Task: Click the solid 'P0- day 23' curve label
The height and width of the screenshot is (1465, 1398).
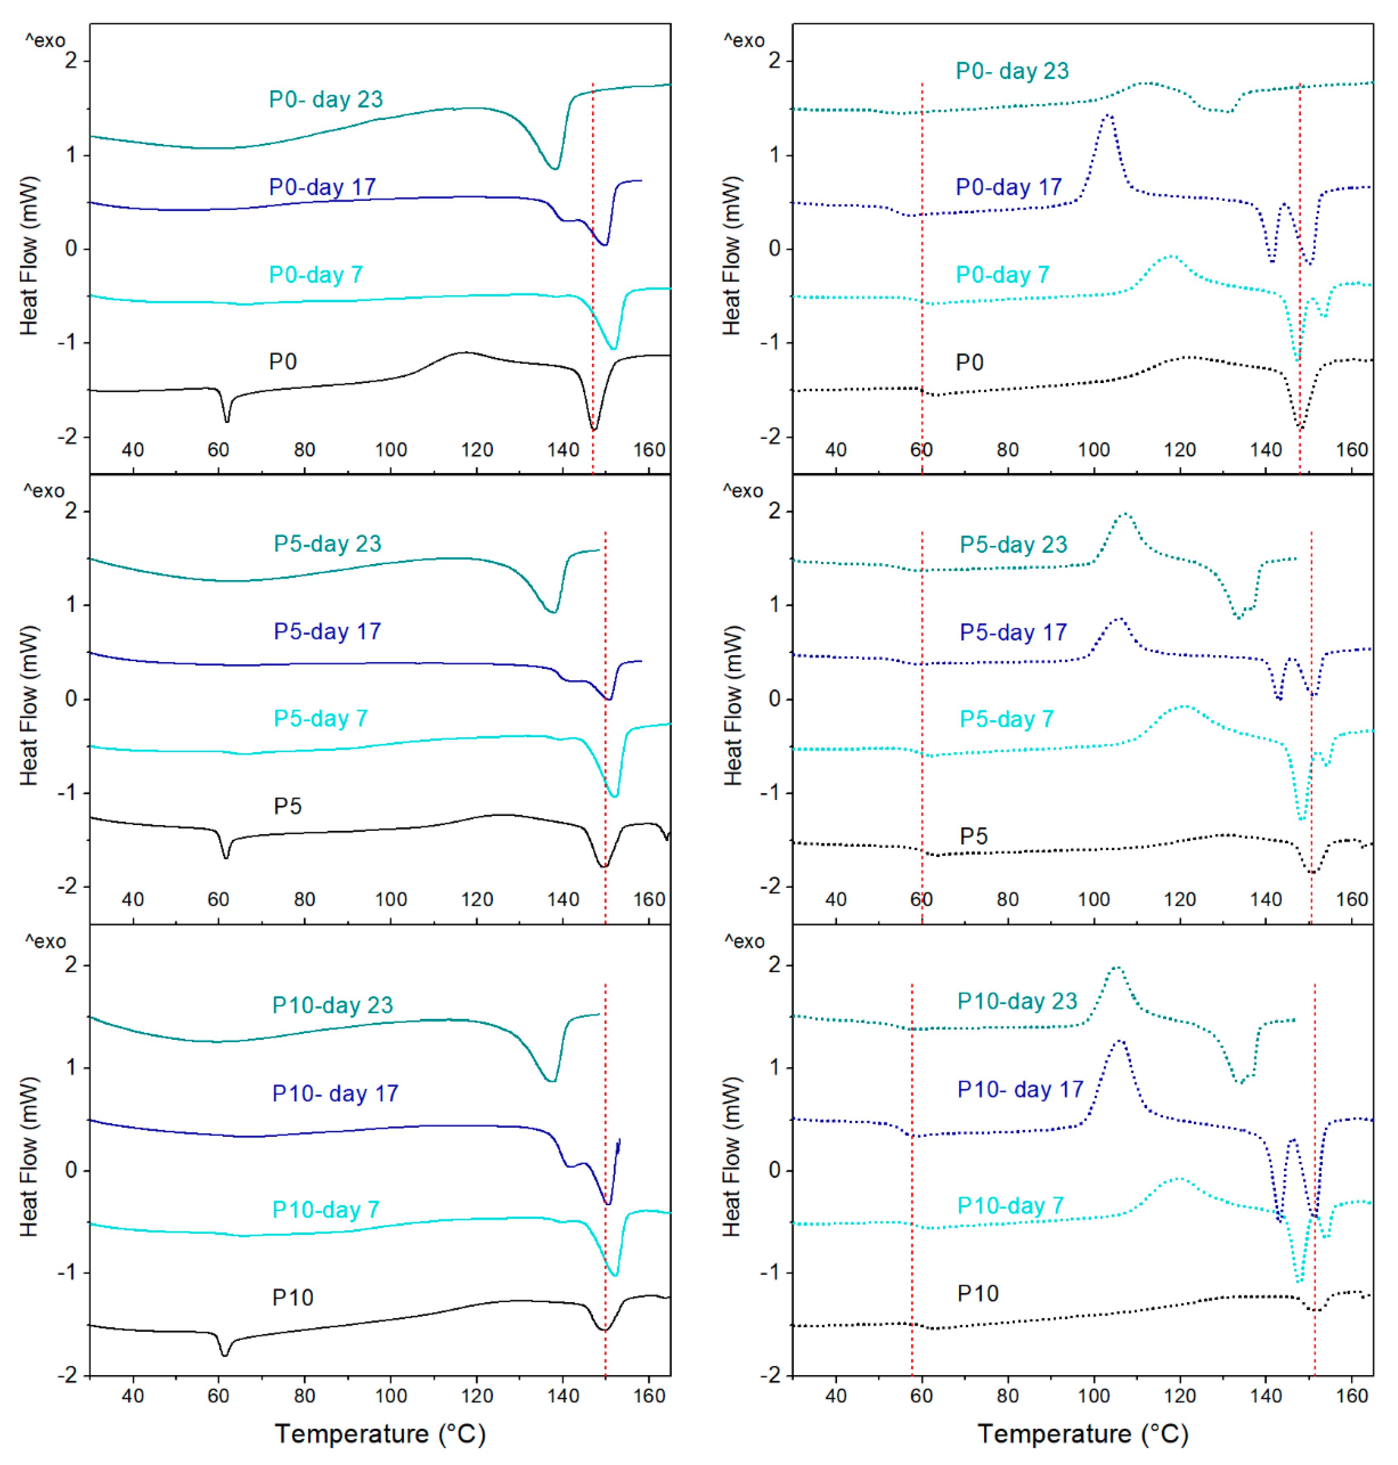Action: (x=326, y=99)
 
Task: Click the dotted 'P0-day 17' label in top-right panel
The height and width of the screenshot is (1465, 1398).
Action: (x=1008, y=187)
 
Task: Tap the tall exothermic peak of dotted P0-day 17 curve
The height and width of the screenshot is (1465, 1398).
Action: (x=1109, y=116)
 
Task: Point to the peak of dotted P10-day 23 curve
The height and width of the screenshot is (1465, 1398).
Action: (x=1117, y=968)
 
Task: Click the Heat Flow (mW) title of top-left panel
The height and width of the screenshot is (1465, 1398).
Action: (x=28, y=256)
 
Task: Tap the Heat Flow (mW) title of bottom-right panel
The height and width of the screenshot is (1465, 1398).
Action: (x=732, y=1156)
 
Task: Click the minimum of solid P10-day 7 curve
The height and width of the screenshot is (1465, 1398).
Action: (x=614, y=1275)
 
